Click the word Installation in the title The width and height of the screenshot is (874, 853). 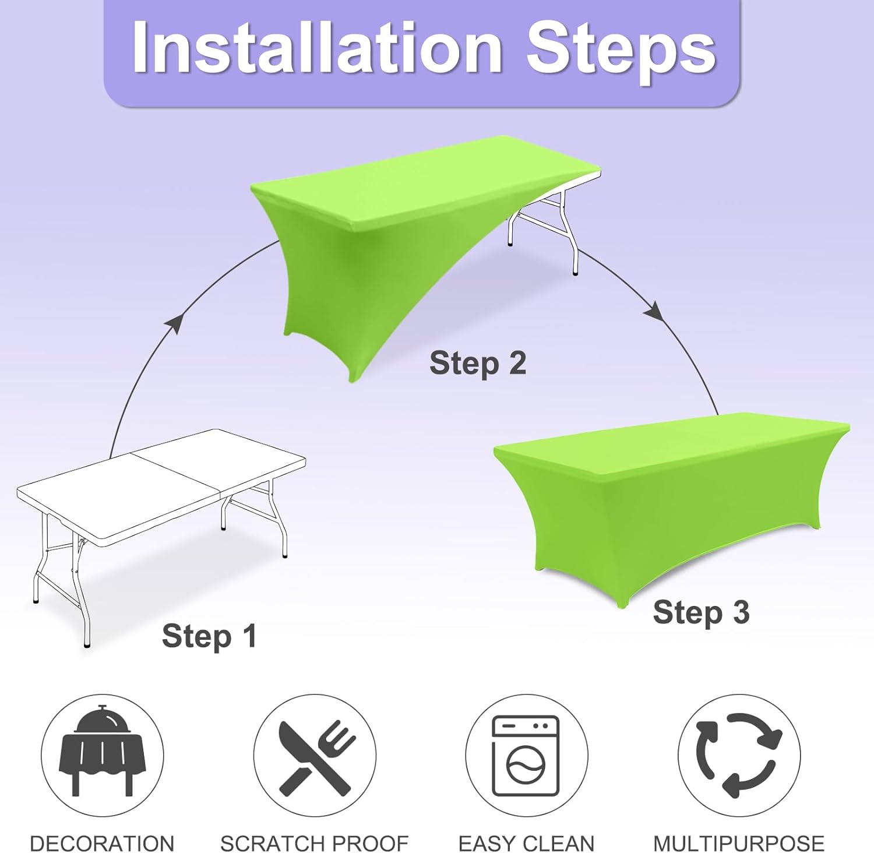(318, 48)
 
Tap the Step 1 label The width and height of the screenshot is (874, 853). (209, 636)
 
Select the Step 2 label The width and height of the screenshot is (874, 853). (478, 364)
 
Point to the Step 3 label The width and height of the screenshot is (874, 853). (701, 613)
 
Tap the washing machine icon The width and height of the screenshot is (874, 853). (526, 756)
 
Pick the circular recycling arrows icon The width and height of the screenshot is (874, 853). (739, 755)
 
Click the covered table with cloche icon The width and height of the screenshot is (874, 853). (102, 752)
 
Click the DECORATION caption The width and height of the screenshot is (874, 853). (102, 843)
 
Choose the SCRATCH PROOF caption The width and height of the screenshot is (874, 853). (315, 843)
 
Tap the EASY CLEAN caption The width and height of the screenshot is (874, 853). (526, 843)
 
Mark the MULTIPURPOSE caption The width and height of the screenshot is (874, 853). (739, 843)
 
